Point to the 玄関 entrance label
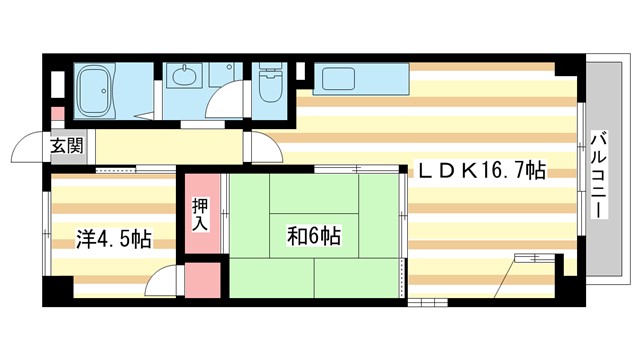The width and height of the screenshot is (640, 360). (x=67, y=146)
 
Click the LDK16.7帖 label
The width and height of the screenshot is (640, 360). (x=480, y=172)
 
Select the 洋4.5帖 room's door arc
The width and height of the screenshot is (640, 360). (x=160, y=285)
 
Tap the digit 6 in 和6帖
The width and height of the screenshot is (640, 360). (x=313, y=237)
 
